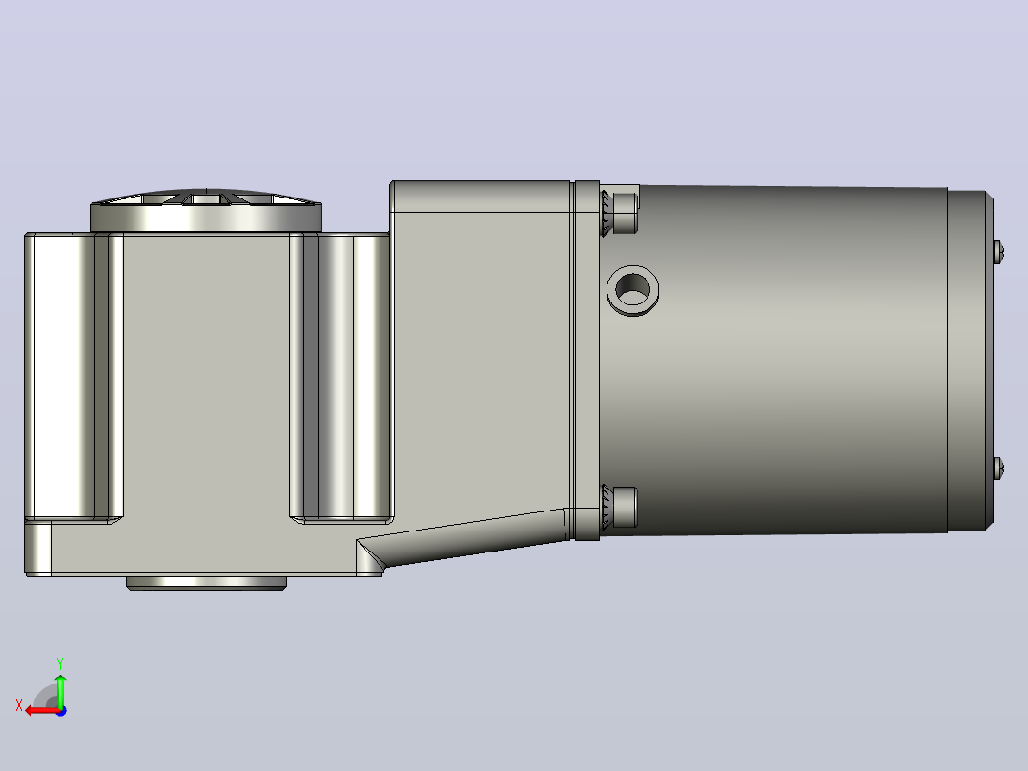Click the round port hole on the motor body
click(632, 290)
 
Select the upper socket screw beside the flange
click(620, 213)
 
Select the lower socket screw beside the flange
click(619, 508)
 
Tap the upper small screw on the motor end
click(998, 252)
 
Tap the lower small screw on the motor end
click(998, 468)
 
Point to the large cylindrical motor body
click(773, 360)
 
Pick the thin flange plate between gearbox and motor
click(586, 361)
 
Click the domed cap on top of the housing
click(206, 209)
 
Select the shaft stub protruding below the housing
click(206, 583)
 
